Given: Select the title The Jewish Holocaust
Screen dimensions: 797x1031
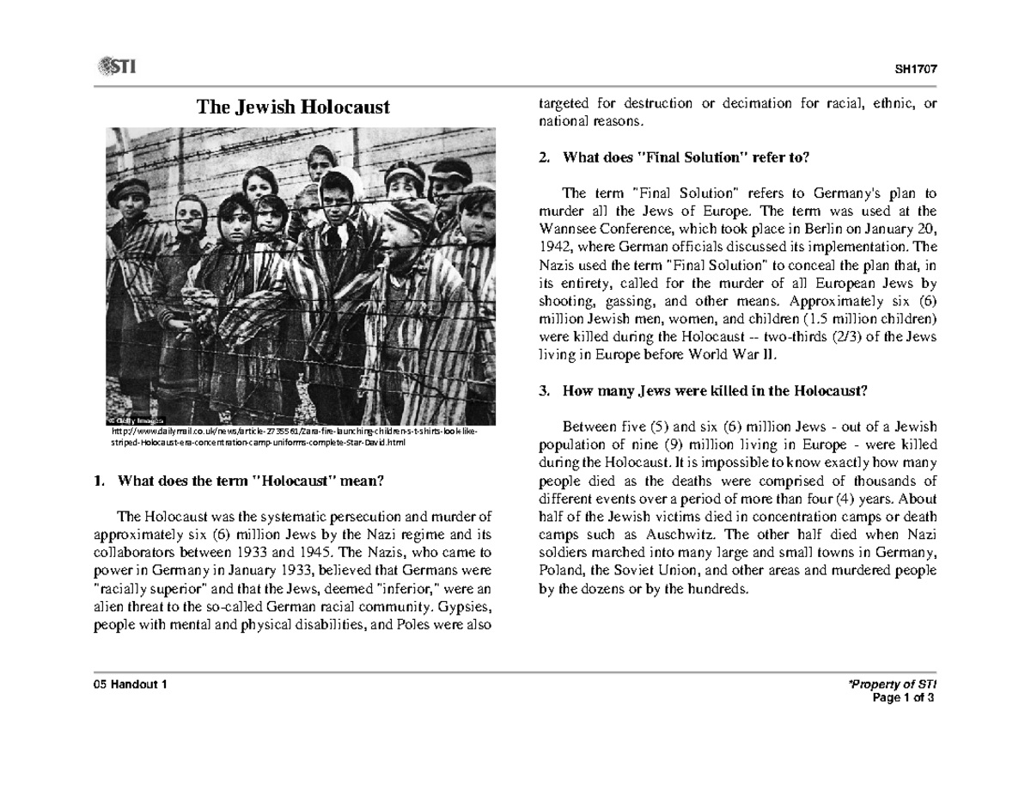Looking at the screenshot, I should tap(293, 107).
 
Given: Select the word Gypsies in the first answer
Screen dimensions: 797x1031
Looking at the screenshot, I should tap(464, 607).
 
